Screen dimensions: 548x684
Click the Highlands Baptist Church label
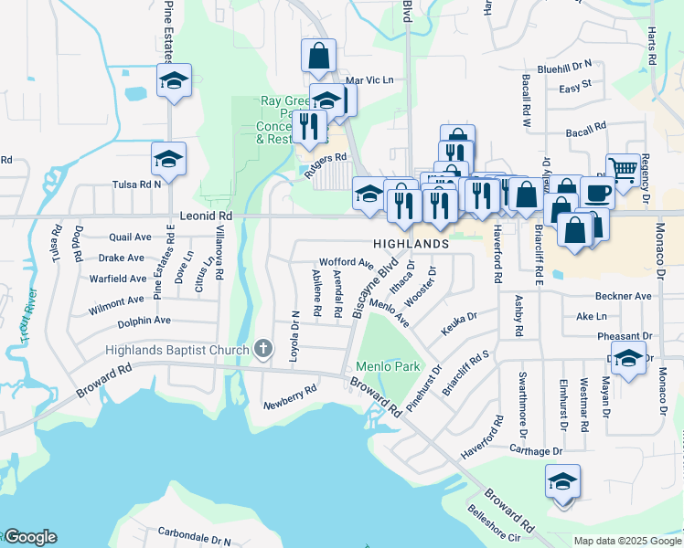pyautogui.click(x=176, y=350)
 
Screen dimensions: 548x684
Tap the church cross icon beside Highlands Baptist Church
pyautogui.click(x=263, y=348)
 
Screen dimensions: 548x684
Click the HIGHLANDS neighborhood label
pyautogui.click(x=411, y=245)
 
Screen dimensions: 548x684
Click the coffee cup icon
pyautogui.click(x=596, y=193)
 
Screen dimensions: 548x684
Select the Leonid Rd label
pyautogui.click(x=206, y=216)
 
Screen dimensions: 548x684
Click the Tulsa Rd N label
pyautogui.click(x=136, y=184)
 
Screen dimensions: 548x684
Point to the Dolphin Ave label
pyautogui.click(x=144, y=321)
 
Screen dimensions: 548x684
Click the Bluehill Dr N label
pyautogui.click(x=564, y=66)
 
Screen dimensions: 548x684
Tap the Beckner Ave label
pyautogui.click(x=623, y=296)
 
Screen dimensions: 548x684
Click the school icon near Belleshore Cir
pyautogui.click(x=562, y=481)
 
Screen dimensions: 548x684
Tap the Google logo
pyautogui.click(x=29, y=537)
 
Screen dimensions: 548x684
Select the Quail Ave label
pyautogui.click(x=129, y=237)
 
